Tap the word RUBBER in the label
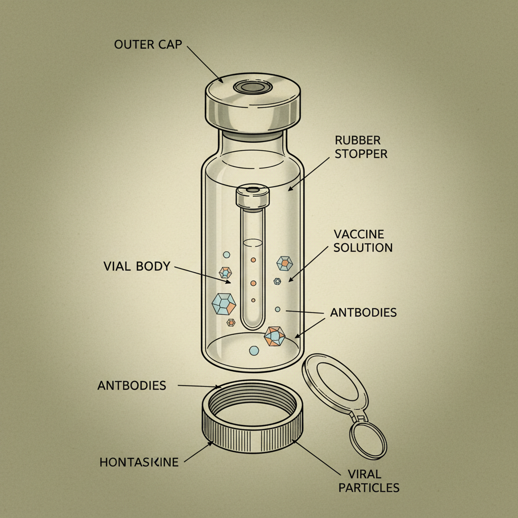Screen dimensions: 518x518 coord(357,140)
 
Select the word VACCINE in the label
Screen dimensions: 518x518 coord(359,234)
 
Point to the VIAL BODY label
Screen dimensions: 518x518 coord(137,266)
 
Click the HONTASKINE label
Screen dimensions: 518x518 coord(139,462)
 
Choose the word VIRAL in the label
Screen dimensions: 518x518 coord(365,474)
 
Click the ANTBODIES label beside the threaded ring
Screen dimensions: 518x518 coord(132,385)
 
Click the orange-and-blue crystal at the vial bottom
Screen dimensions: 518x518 coord(275,336)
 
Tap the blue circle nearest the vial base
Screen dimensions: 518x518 coord(254,350)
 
